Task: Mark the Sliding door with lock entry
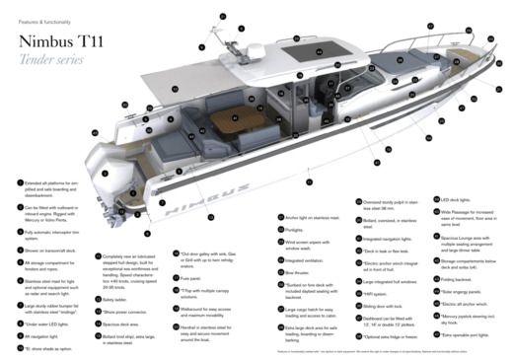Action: click(385, 306)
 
